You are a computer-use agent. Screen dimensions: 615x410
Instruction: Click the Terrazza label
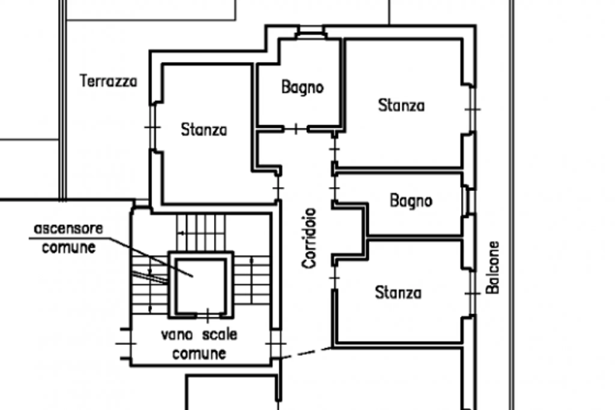pyautogui.click(x=109, y=81)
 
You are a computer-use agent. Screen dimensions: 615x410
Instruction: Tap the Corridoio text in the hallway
pyautogui.click(x=309, y=238)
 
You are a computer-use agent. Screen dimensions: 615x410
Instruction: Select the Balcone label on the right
pyautogui.click(x=493, y=267)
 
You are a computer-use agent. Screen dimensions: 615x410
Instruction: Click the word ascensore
pyautogui.click(x=68, y=229)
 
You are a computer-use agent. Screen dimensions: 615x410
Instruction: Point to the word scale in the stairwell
pyautogui.click(x=220, y=334)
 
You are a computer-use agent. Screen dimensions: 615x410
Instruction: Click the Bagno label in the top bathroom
pyautogui.click(x=302, y=87)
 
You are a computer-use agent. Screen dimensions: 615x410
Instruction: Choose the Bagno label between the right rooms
pyautogui.click(x=411, y=201)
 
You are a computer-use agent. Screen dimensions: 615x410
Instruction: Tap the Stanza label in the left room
pyautogui.click(x=204, y=130)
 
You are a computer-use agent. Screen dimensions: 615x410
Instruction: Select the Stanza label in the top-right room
pyautogui.click(x=401, y=105)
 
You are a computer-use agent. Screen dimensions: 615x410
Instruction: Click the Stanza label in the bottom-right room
pyautogui.click(x=398, y=293)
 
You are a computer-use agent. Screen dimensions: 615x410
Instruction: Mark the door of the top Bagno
pyautogui.click(x=296, y=129)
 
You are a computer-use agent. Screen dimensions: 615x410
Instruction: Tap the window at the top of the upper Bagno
pyautogui.click(x=311, y=32)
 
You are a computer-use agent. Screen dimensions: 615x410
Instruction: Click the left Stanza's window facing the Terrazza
pyautogui.click(x=153, y=127)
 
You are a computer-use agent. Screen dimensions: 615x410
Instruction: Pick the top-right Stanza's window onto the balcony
pyautogui.click(x=473, y=109)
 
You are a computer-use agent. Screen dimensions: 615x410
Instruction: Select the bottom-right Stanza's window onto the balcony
pyautogui.click(x=473, y=293)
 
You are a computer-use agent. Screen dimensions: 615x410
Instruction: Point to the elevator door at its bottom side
pyautogui.click(x=208, y=315)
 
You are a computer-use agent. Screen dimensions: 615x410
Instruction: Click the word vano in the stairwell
pyautogui.click(x=177, y=335)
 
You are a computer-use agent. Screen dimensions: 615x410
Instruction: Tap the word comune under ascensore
pyautogui.click(x=69, y=248)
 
